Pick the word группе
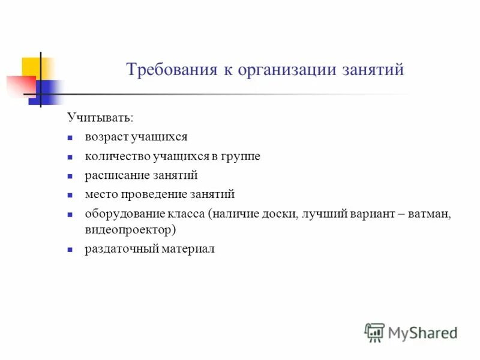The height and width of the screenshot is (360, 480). [x=241, y=156]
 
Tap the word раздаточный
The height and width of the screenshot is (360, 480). [x=121, y=248]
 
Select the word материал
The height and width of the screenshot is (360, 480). [x=187, y=248]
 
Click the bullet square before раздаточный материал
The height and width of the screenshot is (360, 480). [x=70, y=248]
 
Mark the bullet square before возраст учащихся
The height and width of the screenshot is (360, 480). [x=70, y=137]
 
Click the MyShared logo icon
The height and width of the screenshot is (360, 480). [x=374, y=332]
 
